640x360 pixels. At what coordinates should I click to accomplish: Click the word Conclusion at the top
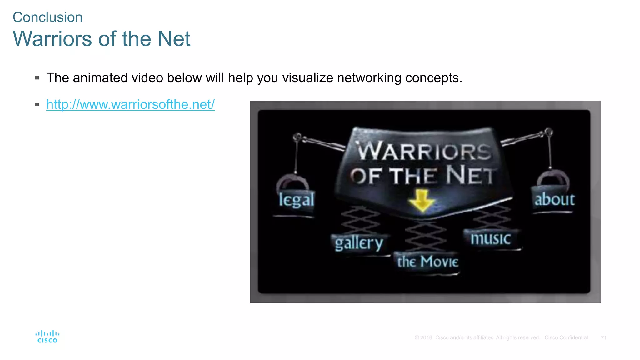coord(47,17)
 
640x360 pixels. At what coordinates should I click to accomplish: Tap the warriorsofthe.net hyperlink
coord(130,104)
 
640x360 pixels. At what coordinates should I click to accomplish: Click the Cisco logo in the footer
coord(47,337)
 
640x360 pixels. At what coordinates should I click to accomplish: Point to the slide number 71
coord(603,337)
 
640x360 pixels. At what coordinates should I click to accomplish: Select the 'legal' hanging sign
coord(296,200)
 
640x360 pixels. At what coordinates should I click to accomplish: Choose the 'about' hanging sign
coord(554,199)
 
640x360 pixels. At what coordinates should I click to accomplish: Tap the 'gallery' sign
coord(359,243)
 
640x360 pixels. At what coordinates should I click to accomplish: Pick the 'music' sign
coord(491,239)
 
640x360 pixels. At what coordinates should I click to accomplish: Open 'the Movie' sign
coord(427,262)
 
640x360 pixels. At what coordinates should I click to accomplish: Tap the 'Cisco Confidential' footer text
coord(566,337)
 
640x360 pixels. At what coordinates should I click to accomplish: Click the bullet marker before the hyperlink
coord(37,104)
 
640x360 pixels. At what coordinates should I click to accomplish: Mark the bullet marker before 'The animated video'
coord(37,78)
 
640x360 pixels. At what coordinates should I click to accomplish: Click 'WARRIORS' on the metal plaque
coord(424,151)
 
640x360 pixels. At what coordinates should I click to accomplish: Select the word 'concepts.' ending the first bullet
coord(434,77)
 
